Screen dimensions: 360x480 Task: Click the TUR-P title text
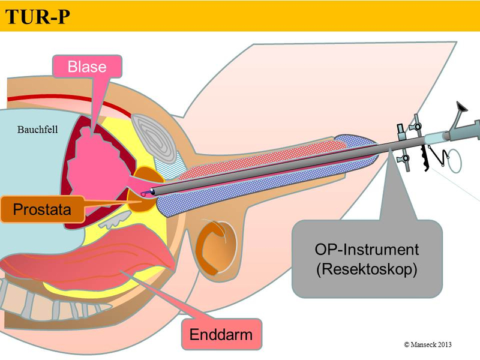point(37,17)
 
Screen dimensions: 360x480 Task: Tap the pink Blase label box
point(88,66)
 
